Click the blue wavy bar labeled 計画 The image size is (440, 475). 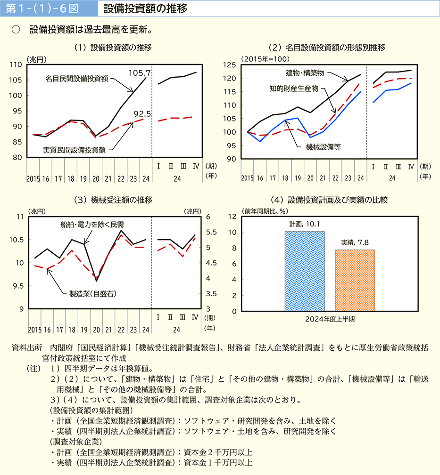305,271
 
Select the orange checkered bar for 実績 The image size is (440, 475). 355,280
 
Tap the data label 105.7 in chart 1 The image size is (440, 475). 139,73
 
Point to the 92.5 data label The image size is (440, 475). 142,113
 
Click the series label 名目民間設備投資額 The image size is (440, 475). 77,79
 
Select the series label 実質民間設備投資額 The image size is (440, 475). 74,150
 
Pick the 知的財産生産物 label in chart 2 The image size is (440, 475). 294,88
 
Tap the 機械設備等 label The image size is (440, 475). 323,146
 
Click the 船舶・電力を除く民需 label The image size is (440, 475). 92,224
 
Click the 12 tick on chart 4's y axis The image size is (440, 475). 232,216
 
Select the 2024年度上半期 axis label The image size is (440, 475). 329,319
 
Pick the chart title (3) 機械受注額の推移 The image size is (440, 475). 113,200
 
